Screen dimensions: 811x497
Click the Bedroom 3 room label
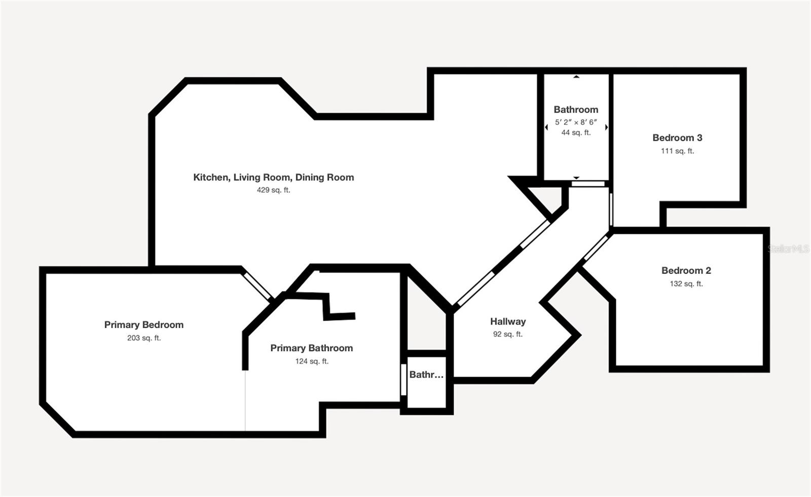click(x=677, y=137)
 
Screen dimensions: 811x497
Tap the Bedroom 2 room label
click(x=686, y=271)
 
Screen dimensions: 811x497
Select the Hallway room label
click(x=508, y=322)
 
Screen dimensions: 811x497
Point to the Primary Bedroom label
click(x=144, y=325)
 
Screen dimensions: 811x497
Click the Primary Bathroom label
click(x=311, y=348)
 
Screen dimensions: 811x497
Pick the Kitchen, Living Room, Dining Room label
click(x=273, y=177)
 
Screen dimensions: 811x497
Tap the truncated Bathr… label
click(x=426, y=375)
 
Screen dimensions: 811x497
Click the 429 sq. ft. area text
click(x=273, y=190)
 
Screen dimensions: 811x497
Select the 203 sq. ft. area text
click(x=144, y=338)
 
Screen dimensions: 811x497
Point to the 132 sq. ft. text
click(x=686, y=283)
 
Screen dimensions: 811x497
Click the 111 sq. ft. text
click(x=677, y=151)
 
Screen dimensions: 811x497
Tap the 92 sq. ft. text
click(x=508, y=334)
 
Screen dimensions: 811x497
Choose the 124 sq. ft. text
click(x=312, y=361)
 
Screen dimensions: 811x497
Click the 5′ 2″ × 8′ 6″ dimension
click(x=576, y=122)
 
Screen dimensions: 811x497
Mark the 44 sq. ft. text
click(x=576, y=132)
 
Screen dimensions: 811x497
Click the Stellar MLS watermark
click(x=788, y=249)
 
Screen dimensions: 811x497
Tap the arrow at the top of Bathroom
click(x=576, y=77)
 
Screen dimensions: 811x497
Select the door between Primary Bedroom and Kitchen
click(x=257, y=286)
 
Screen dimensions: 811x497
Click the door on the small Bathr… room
click(x=403, y=379)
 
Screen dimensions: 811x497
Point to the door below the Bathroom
click(x=588, y=184)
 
